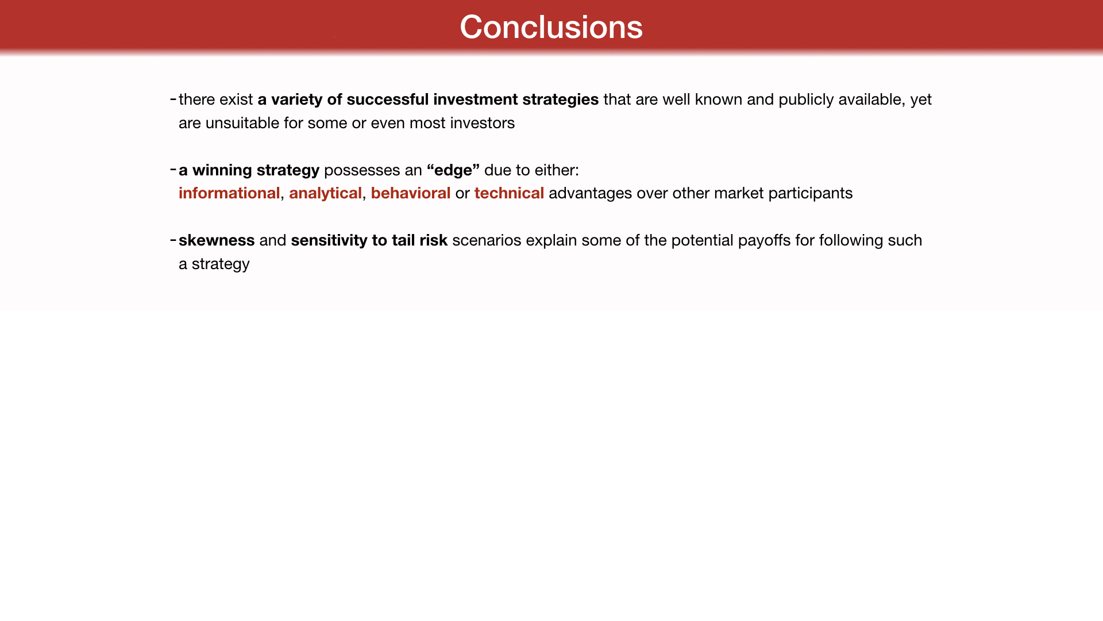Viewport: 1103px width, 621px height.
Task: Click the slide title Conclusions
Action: (x=551, y=27)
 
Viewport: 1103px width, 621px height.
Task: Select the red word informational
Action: (x=229, y=193)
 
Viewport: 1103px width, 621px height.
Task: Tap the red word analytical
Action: (x=325, y=194)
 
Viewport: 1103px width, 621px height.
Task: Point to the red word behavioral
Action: (x=411, y=193)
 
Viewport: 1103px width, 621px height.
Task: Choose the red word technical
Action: (x=509, y=193)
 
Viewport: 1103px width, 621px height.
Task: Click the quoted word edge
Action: (x=453, y=171)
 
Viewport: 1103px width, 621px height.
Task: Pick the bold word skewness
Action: (x=217, y=240)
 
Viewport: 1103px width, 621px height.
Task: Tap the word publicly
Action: (x=806, y=100)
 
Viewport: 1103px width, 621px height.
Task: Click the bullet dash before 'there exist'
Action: (x=173, y=99)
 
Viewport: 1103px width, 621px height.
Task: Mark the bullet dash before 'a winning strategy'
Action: (x=173, y=170)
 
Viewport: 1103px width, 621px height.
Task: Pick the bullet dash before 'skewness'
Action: (x=173, y=240)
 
